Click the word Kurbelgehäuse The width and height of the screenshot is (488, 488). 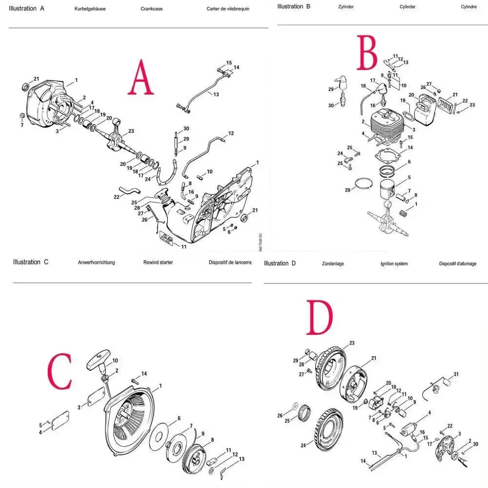[90, 9]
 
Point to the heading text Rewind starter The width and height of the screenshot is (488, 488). [158, 263]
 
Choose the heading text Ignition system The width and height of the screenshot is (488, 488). [394, 264]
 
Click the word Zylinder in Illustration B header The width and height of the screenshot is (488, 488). [346, 7]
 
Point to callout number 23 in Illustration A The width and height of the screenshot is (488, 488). [131, 131]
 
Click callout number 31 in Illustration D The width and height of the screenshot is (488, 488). [456, 374]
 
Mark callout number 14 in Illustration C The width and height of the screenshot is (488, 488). [144, 373]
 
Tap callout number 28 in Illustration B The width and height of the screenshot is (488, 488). [348, 190]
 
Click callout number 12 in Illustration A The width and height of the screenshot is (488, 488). [231, 133]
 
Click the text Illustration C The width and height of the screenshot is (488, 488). [31, 262]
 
